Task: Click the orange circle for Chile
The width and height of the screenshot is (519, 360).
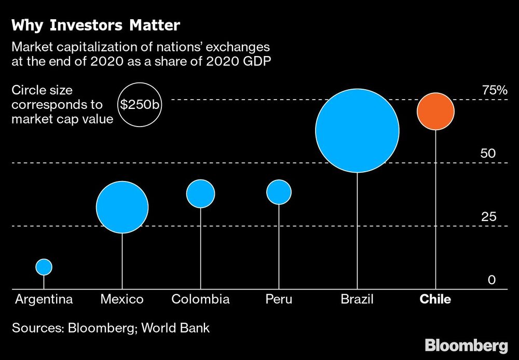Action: (435, 112)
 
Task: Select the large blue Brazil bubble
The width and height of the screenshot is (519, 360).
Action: (357, 130)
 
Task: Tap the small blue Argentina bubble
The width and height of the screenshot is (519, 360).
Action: (44, 267)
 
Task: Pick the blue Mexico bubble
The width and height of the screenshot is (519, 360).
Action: (122, 207)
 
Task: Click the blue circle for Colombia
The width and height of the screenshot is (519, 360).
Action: (201, 193)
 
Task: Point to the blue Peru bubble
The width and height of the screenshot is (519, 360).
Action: (279, 192)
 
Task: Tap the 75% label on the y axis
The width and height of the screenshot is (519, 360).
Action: (494, 90)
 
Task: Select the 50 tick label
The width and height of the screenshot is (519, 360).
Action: (488, 154)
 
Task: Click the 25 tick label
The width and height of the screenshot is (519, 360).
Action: (488, 217)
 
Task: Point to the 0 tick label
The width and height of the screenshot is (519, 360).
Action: (491, 280)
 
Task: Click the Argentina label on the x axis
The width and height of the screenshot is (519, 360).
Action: (44, 299)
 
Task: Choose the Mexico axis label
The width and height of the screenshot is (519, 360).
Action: (122, 299)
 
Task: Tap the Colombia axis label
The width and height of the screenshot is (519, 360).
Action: (200, 299)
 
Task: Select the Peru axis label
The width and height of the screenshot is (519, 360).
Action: (279, 299)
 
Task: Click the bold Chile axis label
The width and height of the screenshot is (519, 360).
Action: (435, 299)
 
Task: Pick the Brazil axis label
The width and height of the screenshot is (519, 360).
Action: (357, 299)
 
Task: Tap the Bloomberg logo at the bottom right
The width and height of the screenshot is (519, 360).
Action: (466, 345)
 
